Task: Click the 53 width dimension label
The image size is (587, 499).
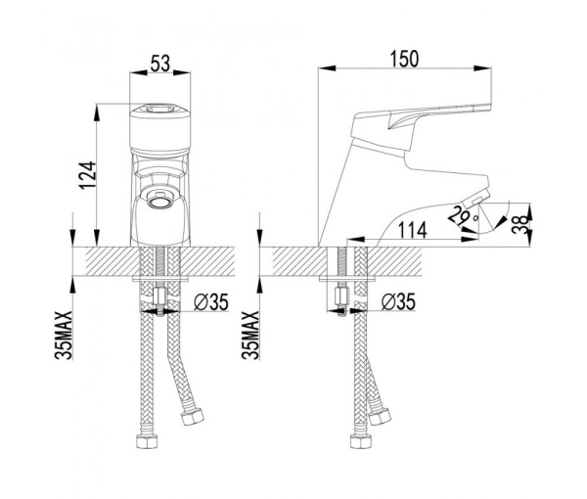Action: point(159,63)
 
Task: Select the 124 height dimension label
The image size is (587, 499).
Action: point(87,175)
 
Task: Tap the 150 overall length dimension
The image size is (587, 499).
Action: point(404,59)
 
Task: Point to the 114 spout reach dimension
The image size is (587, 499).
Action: point(412,230)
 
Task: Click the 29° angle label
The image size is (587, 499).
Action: point(463,216)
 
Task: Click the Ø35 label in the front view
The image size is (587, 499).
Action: point(211,301)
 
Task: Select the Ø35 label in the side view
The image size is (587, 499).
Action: point(398,301)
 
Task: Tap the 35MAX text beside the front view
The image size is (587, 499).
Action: point(64,335)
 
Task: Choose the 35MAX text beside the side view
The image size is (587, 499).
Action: point(250,335)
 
